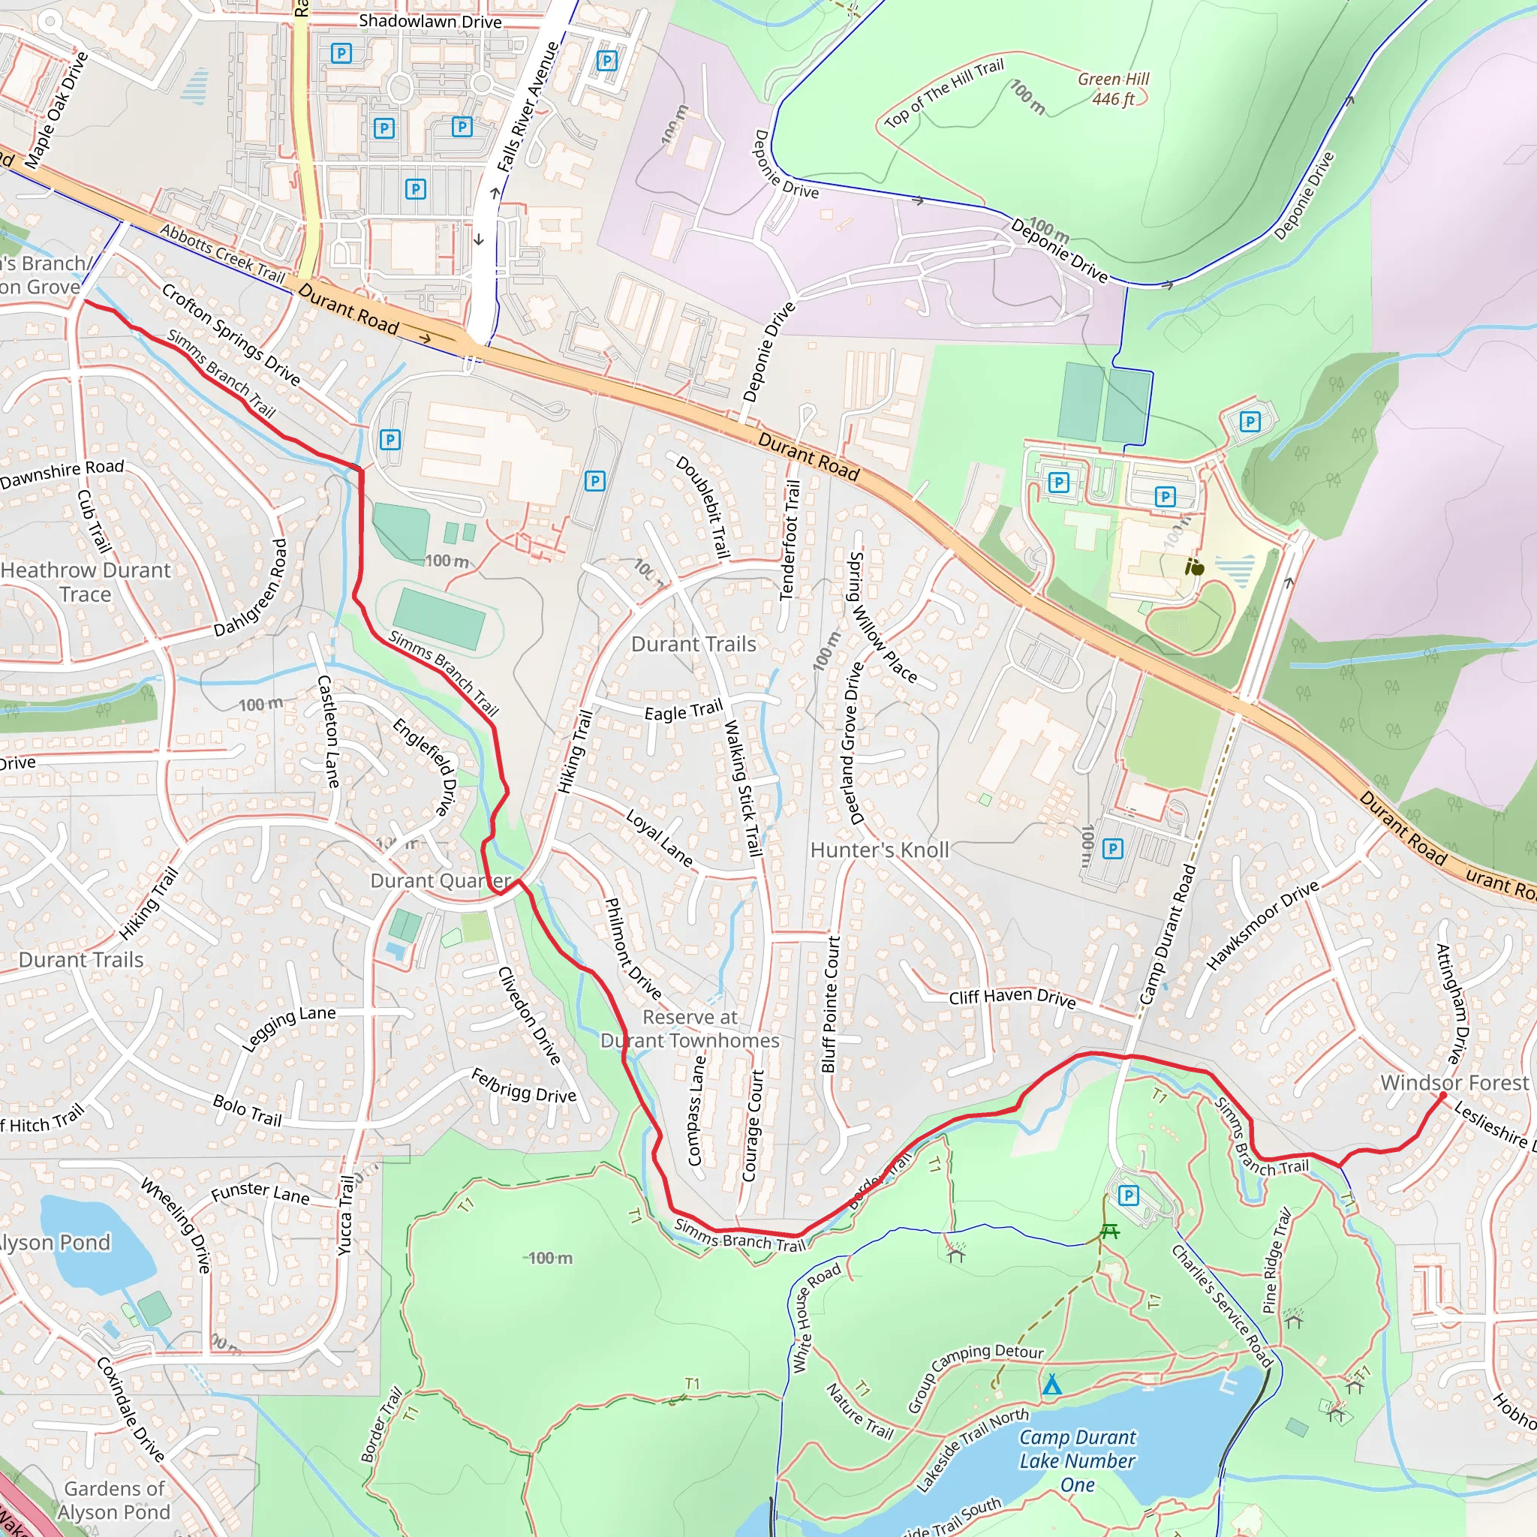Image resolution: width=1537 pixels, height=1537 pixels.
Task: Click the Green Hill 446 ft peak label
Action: [x=1113, y=89]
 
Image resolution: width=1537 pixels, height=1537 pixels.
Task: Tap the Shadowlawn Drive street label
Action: [x=430, y=22]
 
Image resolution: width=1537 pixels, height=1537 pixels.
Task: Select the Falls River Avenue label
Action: [x=528, y=107]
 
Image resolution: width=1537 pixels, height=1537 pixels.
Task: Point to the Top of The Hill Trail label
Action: [x=944, y=93]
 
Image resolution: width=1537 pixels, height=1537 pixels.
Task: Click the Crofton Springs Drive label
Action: [x=230, y=334]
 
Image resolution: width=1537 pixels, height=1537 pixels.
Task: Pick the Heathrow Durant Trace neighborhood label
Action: [x=85, y=582]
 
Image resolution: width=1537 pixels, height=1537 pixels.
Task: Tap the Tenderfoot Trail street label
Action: [x=790, y=540]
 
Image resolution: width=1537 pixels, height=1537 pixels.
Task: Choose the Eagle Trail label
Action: [x=684, y=710]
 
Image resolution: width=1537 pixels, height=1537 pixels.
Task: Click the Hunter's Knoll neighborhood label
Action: [x=880, y=850]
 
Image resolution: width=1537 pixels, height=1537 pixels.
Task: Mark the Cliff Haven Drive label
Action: [x=1012, y=997]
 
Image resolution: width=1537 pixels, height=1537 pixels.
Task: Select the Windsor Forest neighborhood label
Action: [x=1454, y=1083]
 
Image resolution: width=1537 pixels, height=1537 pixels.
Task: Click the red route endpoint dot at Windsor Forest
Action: [x=1443, y=1096]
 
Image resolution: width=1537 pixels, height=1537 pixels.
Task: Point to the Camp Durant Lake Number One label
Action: [x=1077, y=1460]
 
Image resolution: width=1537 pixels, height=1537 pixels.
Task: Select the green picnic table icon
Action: [x=1110, y=1232]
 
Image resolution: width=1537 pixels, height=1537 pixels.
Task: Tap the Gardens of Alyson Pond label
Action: [x=116, y=1500]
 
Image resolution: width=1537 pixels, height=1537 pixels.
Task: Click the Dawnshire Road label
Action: [x=62, y=474]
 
